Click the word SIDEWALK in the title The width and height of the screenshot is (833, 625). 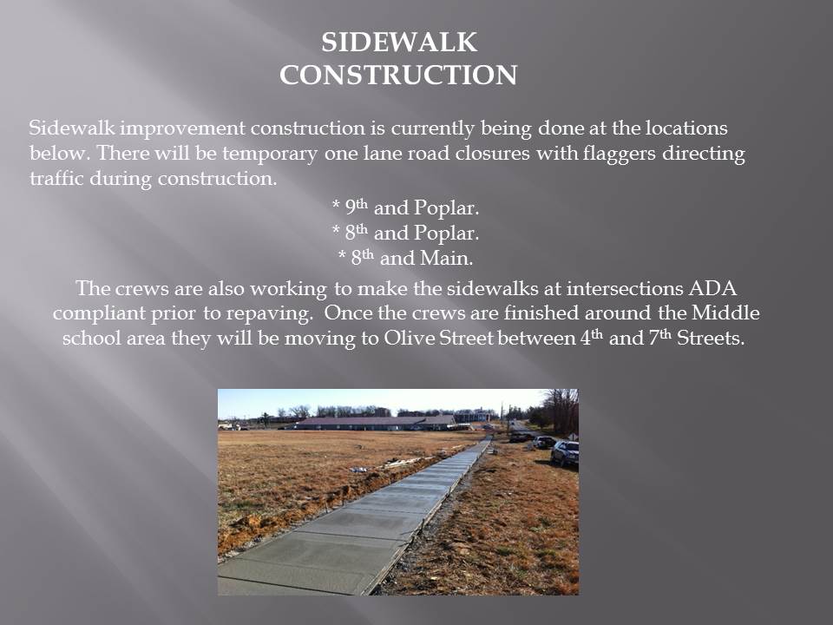(x=399, y=43)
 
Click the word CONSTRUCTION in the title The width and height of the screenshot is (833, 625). (x=398, y=75)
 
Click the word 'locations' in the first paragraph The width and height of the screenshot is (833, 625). (x=686, y=128)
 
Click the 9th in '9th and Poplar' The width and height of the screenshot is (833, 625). (x=356, y=207)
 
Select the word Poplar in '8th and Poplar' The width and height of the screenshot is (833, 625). (x=446, y=234)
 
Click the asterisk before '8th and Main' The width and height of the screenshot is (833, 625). (x=343, y=254)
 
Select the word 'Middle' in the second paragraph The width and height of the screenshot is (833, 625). (x=725, y=312)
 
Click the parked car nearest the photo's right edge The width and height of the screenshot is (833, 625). (x=565, y=452)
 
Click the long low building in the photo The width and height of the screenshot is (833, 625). (x=375, y=423)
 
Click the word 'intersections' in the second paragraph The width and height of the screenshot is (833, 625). (x=625, y=288)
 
